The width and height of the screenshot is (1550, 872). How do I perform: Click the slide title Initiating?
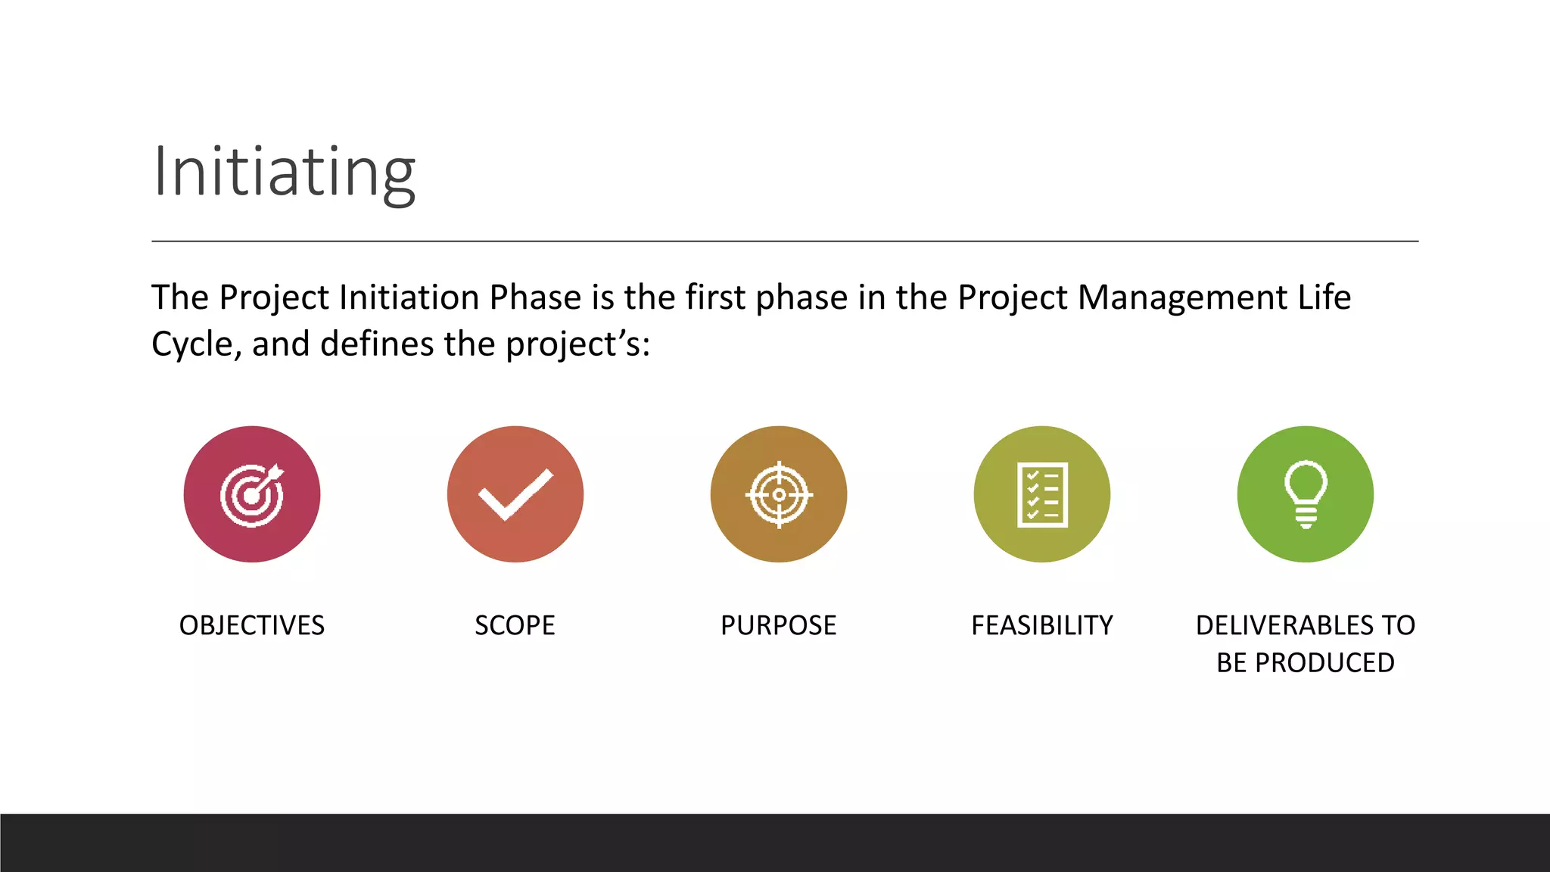point(284,173)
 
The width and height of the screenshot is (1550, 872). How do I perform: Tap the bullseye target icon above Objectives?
point(252,494)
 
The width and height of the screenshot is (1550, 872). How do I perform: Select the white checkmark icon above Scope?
point(515,494)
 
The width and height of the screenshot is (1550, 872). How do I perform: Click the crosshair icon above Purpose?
point(779,494)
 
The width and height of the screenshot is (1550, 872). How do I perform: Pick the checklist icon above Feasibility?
point(1042,494)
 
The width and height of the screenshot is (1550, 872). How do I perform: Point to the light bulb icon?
point(1306,494)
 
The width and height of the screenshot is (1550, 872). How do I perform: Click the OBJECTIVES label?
point(252,625)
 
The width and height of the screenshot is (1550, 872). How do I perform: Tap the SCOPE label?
point(515,625)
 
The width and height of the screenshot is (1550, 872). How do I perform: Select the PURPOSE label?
point(779,625)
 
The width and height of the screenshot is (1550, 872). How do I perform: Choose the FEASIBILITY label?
point(1042,625)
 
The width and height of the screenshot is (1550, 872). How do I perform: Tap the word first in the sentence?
point(715,297)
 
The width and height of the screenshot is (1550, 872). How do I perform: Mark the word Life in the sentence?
point(1324,297)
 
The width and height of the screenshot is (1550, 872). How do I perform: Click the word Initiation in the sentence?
point(409,297)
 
